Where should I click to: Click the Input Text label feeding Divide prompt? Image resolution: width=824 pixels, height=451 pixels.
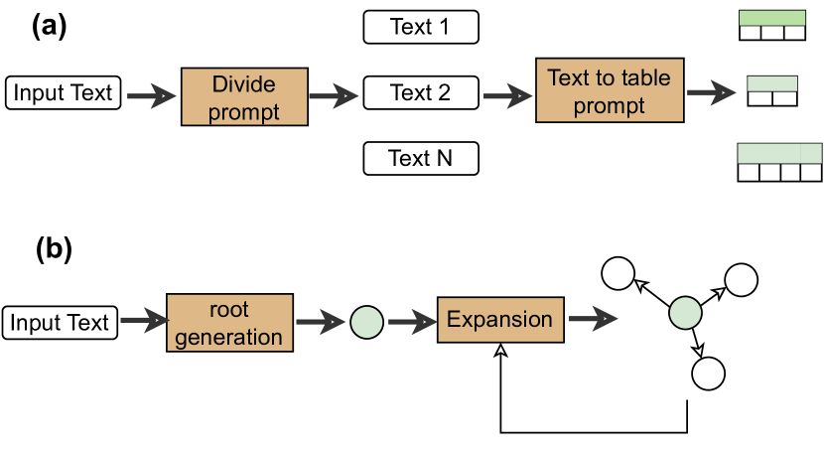(x=64, y=94)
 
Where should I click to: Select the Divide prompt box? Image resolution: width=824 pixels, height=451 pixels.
(x=244, y=95)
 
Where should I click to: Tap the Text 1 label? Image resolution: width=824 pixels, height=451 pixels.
(x=421, y=27)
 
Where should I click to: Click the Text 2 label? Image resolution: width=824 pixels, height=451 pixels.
(x=421, y=93)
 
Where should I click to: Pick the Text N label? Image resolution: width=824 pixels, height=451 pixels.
(x=421, y=159)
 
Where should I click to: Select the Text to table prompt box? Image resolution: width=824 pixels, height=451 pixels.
(x=610, y=91)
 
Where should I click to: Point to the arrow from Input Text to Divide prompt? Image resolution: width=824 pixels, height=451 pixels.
(x=150, y=95)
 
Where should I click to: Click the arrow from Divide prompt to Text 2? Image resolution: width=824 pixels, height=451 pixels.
(x=334, y=95)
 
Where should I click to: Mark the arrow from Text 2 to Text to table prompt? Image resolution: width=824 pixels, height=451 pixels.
(x=507, y=95)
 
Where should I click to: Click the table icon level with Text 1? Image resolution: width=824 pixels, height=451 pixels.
(x=772, y=26)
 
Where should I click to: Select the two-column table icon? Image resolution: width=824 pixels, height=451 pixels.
(x=772, y=91)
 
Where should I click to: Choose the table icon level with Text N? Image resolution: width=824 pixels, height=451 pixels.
(x=780, y=163)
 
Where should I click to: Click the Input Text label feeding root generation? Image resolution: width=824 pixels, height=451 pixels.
(x=61, y=323)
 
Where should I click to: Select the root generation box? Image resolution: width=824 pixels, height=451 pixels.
(x=229, y=322)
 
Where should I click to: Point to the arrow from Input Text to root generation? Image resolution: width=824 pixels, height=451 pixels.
(x=142, y=322)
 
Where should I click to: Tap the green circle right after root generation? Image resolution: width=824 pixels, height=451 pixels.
(x=366, y=322)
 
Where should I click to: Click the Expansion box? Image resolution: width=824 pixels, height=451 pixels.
(x=500, y=320)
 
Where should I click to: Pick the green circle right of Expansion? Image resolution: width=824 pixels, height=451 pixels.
(x=685, y=313)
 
